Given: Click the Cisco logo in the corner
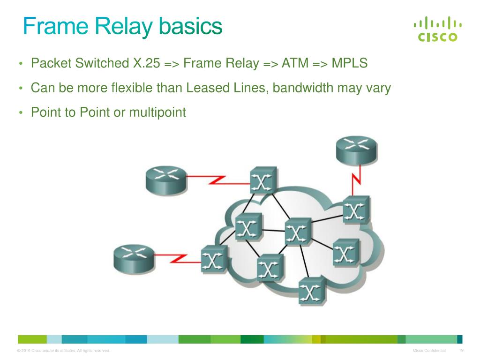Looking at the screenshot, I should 437,29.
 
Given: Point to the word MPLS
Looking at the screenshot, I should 350,63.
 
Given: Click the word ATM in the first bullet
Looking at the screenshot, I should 294,63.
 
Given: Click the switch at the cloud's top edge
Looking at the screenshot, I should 263,180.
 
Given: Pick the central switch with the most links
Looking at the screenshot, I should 298,232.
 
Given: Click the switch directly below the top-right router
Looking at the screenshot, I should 356,210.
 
